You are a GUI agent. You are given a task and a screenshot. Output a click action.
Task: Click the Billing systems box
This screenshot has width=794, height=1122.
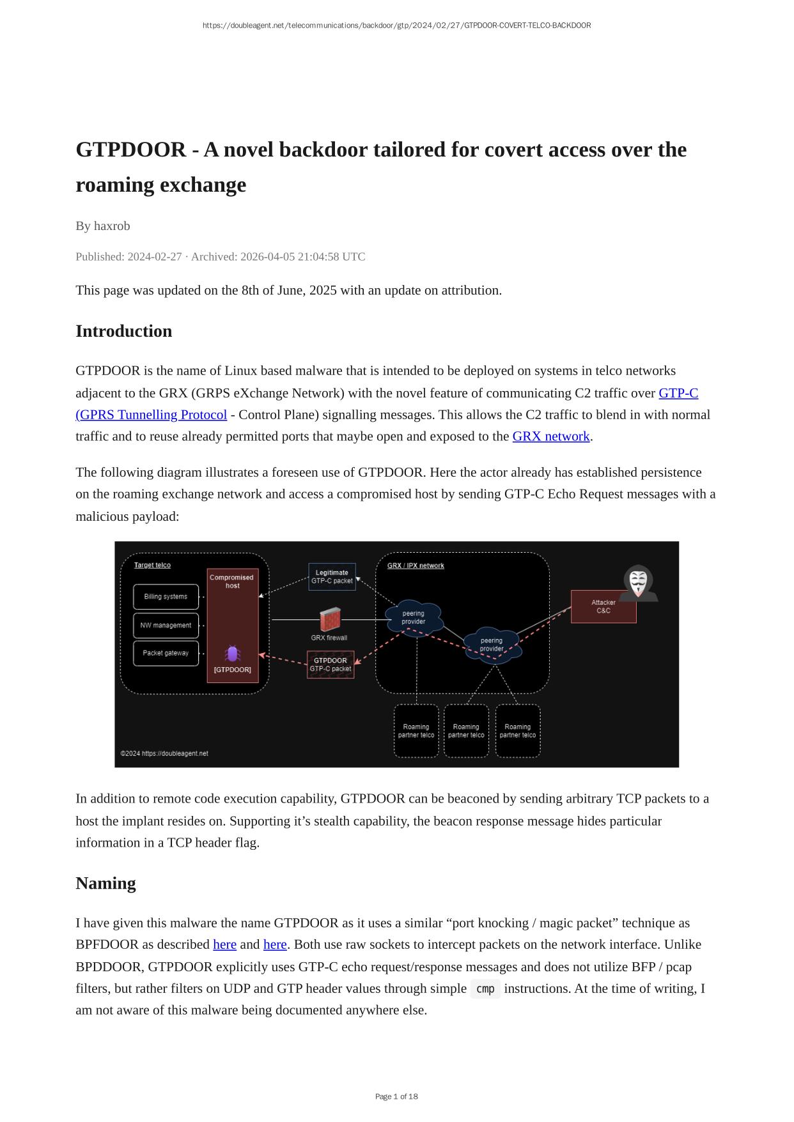click(166, 597)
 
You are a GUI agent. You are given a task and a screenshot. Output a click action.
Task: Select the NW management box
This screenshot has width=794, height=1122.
click(166, 626)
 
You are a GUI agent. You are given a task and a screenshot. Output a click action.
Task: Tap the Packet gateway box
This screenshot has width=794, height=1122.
click(166, 653)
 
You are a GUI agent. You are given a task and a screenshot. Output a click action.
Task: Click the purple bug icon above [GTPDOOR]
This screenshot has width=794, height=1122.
click(233, 654)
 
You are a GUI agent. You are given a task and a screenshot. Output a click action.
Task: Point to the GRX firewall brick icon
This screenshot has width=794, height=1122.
click(330, 619)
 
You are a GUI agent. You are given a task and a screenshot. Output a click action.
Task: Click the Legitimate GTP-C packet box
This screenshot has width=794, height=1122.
click(332, 577)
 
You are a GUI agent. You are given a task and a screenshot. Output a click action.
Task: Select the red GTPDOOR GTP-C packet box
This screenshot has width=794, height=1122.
click(331, 665)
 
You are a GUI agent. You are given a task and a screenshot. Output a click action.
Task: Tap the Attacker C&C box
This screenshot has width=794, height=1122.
click(603, 606)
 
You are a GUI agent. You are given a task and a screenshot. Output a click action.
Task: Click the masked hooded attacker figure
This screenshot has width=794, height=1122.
click(638, 583)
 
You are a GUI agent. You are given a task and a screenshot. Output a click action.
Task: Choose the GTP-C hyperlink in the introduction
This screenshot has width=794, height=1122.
click(678, 393)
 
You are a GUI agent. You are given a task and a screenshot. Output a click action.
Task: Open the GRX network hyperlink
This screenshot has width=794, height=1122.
click(550, 436)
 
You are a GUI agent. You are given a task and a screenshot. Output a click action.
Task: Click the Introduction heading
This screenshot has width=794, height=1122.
click(124, 331)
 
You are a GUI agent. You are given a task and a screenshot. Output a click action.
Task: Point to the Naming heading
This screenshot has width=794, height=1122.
click(105, 883)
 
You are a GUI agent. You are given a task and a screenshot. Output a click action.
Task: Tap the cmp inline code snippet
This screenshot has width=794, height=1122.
click(485, 988)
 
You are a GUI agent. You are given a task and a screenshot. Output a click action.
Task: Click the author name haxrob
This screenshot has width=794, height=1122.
click(112, 226)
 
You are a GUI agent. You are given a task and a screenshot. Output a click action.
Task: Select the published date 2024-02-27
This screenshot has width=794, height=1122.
click(154, 257)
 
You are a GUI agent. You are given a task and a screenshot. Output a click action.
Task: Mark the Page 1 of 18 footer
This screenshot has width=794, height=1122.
click(396, 1096)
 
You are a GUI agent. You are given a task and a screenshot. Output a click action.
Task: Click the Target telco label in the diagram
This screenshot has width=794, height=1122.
click(152, 565)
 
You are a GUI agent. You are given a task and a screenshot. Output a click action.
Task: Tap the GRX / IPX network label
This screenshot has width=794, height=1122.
click(416, 565)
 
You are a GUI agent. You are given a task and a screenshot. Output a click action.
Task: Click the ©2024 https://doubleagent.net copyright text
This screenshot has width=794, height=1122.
click(165, 753)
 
